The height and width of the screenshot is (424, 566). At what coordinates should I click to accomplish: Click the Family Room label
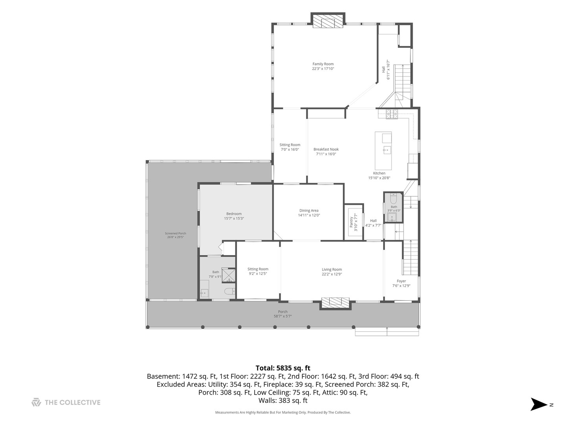[323, 64]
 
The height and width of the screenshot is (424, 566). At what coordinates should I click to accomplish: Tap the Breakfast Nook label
[326, 149]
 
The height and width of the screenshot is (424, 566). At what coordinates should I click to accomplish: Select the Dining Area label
[309, 210]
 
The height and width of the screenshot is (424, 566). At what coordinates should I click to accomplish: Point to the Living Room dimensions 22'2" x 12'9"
[332, 274]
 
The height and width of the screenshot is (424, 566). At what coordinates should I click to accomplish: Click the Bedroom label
[234, 214]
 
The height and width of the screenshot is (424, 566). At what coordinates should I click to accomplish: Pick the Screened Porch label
[175, 234]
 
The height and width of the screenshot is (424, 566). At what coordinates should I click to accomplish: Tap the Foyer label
[401, 281]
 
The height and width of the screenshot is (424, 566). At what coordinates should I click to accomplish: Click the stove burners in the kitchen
[392, 114]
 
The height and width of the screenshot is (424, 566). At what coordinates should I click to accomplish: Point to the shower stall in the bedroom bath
[229, 276]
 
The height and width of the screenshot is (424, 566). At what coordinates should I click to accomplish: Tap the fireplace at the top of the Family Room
[328, 20]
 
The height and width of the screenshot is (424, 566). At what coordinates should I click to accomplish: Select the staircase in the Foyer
[410, 258]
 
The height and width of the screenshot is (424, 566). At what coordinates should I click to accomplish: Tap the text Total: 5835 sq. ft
[283, 368]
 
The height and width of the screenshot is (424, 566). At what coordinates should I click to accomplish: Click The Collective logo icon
[36, 402]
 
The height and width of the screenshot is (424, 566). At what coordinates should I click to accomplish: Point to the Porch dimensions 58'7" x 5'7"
[283, 316]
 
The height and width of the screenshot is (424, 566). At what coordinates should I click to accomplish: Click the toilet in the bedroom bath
[230, 292]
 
